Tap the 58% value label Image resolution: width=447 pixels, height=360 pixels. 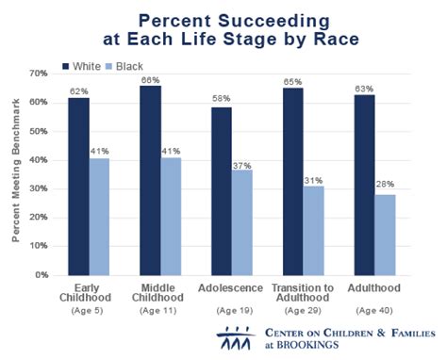click(222, 99)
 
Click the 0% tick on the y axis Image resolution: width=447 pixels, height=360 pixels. click(41, 275)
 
